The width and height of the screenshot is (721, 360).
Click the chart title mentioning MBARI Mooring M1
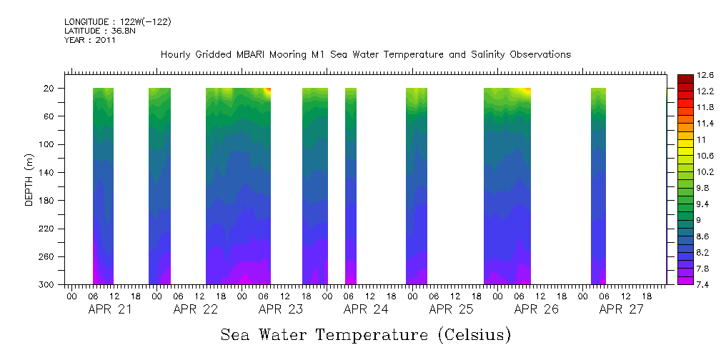tap(366, 54)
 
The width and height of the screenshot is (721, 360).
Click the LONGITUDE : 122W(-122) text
tap(117, 22)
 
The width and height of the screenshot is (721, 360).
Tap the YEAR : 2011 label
tap(89, 40)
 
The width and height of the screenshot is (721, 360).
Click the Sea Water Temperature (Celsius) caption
tap(366, 334)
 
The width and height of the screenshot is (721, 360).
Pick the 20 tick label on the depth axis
tap(50, 89)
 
